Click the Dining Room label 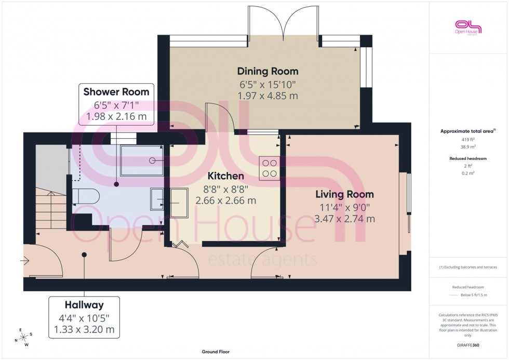click(x=267, y=71)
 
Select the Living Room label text click(x=344, y=194)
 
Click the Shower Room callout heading click(x=116, y=92)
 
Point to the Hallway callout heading click(x=84, y=305)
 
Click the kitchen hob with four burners click(x=269, y=168)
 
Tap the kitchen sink click(x=169, y=201)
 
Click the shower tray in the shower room click(x=142, y=161)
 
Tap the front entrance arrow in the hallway click(x=24, y=261)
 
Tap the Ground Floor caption click(x=216, y=352)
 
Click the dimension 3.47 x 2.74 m click(x=344, y=219)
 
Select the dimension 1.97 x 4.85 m click(x=267, y=96)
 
